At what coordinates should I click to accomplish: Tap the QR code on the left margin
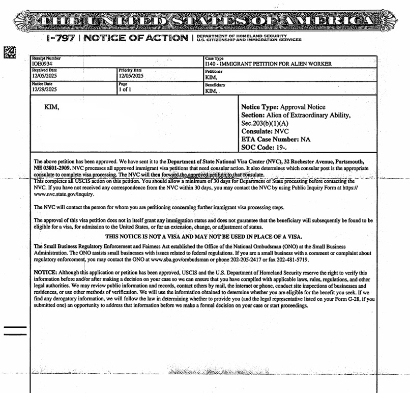(x=10, y=52)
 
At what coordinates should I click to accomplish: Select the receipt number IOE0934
(x=42, y=64)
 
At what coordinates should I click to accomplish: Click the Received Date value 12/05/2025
(x=45, y=76)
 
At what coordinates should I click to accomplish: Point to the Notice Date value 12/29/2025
(x=45, y=89)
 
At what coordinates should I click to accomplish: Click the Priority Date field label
(x=130, y=70)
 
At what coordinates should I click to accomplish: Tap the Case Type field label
(x=214, y=59)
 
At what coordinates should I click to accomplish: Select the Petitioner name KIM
(x=211, y=78)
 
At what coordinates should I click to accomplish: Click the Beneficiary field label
(x=215, y=85)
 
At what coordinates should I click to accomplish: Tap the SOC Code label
(x=259, y=147)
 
